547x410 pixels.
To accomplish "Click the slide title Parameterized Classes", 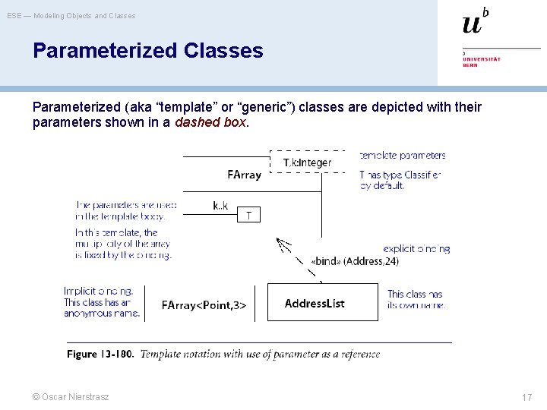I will (147, 51).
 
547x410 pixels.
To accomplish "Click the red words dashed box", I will (210, 122).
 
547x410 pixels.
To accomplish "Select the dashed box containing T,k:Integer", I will (307, 162).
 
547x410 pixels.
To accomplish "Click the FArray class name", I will (244, 175).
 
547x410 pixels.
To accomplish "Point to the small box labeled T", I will (248, 216).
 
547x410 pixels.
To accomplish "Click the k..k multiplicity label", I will (220, 205).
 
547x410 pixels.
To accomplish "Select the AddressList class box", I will (322, 303).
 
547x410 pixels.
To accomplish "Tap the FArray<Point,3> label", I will (204, 305).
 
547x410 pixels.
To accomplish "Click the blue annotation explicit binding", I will (416, 248).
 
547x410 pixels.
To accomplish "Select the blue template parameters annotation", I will (403, 156).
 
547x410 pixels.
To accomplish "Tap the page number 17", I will (526, 397).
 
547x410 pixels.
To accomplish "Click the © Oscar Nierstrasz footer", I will (71, 397).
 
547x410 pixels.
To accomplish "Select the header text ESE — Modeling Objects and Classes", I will (71, 15).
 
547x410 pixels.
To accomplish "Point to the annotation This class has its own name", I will (415, 299).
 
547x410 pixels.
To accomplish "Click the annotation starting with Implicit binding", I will (102, 302).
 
